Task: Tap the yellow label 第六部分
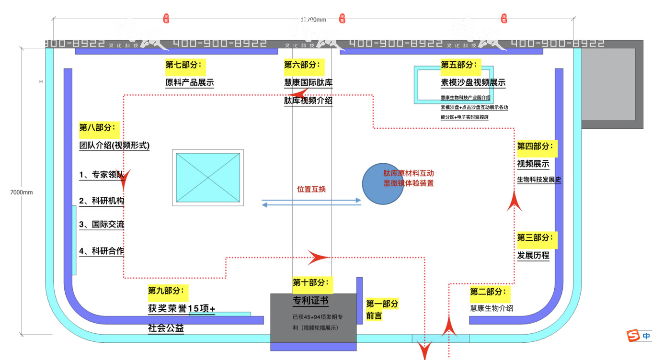pos(304,65)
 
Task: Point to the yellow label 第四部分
pos(537,146)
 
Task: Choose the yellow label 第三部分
pos(537,237)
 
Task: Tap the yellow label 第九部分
pos(168,290)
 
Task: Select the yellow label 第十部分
pos(312,283)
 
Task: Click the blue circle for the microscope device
pos(382,184)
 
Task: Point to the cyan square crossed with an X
pos(208,178)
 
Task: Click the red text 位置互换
pos(311,189)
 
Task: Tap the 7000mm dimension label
pos(22,192)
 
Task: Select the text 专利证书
pos(310,301)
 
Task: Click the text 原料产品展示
pos(190,82)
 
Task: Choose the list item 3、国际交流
pos(102,224)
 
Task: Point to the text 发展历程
pos(533,255)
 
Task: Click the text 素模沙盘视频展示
pos(473,82)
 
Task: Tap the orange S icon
pos(634,336)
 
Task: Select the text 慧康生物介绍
pos(492,308)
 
